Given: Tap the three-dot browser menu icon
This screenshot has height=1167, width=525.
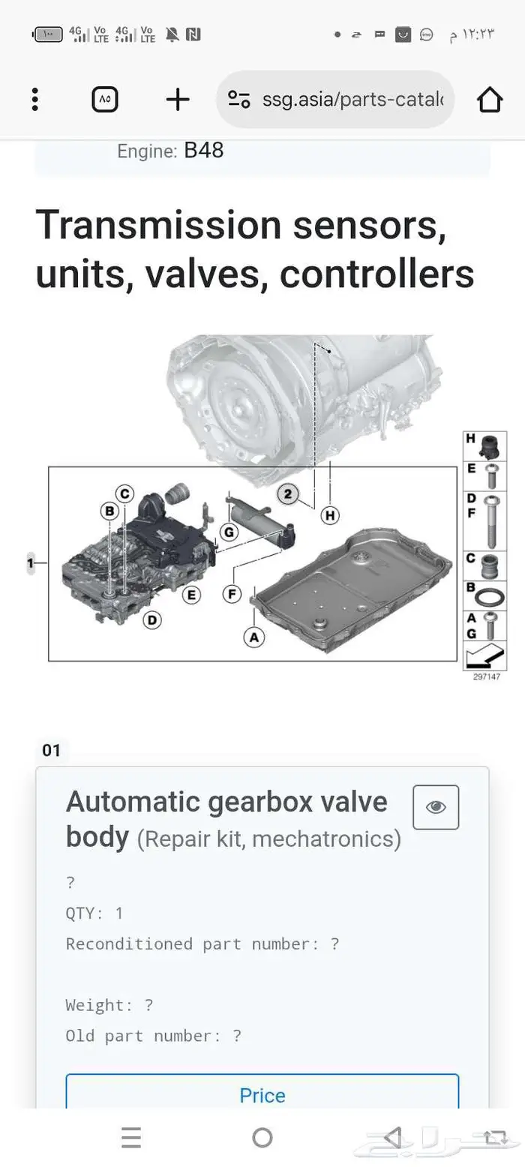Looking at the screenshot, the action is point(35,100).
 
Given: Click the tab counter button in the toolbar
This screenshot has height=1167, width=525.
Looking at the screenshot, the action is point(105,100).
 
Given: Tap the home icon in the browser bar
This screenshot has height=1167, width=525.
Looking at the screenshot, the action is point(490,100).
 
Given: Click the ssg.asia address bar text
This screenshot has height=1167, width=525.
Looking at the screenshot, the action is point(352,99).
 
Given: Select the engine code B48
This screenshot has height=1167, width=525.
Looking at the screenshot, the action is point(204,151).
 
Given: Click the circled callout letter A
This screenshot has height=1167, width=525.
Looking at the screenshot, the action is point(254,637).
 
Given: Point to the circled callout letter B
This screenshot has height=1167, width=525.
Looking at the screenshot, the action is point(109,511).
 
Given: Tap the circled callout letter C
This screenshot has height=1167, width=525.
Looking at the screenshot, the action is point(124,493).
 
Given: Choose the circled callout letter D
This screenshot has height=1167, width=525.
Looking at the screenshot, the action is point(152,620).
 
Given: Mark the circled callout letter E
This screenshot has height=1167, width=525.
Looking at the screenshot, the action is point(192,595).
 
